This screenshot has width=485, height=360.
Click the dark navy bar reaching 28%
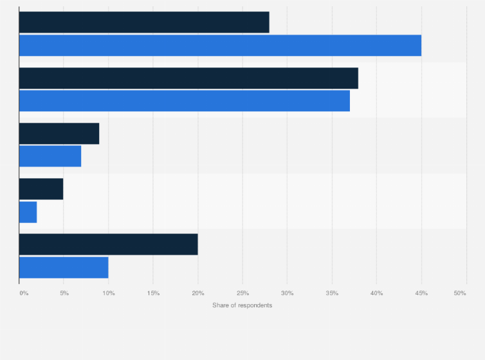point(144,22)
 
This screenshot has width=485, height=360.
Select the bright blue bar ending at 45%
point(220,46)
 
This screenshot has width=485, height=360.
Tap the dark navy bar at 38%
point(188,78)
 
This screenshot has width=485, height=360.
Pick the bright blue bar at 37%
point(185,101)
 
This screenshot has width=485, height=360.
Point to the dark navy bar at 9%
point(59,133)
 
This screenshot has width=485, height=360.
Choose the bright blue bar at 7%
point(50,156)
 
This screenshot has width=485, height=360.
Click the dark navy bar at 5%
point(41,188)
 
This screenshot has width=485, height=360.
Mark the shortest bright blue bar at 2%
point(28,212)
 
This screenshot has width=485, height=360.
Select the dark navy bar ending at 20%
point(109,244)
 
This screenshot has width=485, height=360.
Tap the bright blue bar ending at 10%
point(64,267)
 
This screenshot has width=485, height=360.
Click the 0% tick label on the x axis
point(24,293)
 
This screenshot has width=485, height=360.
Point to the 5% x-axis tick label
point(64,293)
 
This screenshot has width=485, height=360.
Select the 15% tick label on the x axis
point(153,293)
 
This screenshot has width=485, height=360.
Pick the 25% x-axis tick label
point(243,293)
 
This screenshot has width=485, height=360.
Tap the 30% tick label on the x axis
point(287,293)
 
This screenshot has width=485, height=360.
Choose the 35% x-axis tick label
point(332,293)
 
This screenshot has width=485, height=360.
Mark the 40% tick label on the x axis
point(376,293)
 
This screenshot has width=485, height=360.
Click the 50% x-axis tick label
point(460,293)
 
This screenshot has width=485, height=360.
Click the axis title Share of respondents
point(242,305)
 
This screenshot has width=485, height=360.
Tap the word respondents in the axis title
point(255,305)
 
